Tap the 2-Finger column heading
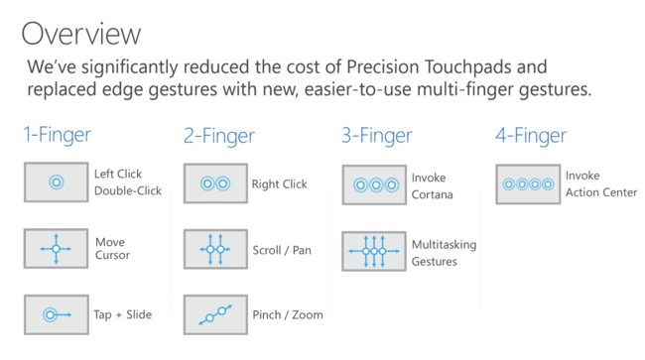coord(218,137)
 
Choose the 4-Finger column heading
coord(531,135)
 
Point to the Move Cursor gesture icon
coord(56,248)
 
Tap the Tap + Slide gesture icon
coord(56,314)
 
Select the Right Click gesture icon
coord(214,183)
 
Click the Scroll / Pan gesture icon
coord(214,250)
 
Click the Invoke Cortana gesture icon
coord(373,185)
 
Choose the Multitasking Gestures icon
coord(373,252)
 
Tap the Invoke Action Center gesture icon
coord(527,183)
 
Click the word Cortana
coord(432,194)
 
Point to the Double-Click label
coord(126,190)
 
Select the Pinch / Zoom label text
coord(287,315)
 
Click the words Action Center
coord(600,192)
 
